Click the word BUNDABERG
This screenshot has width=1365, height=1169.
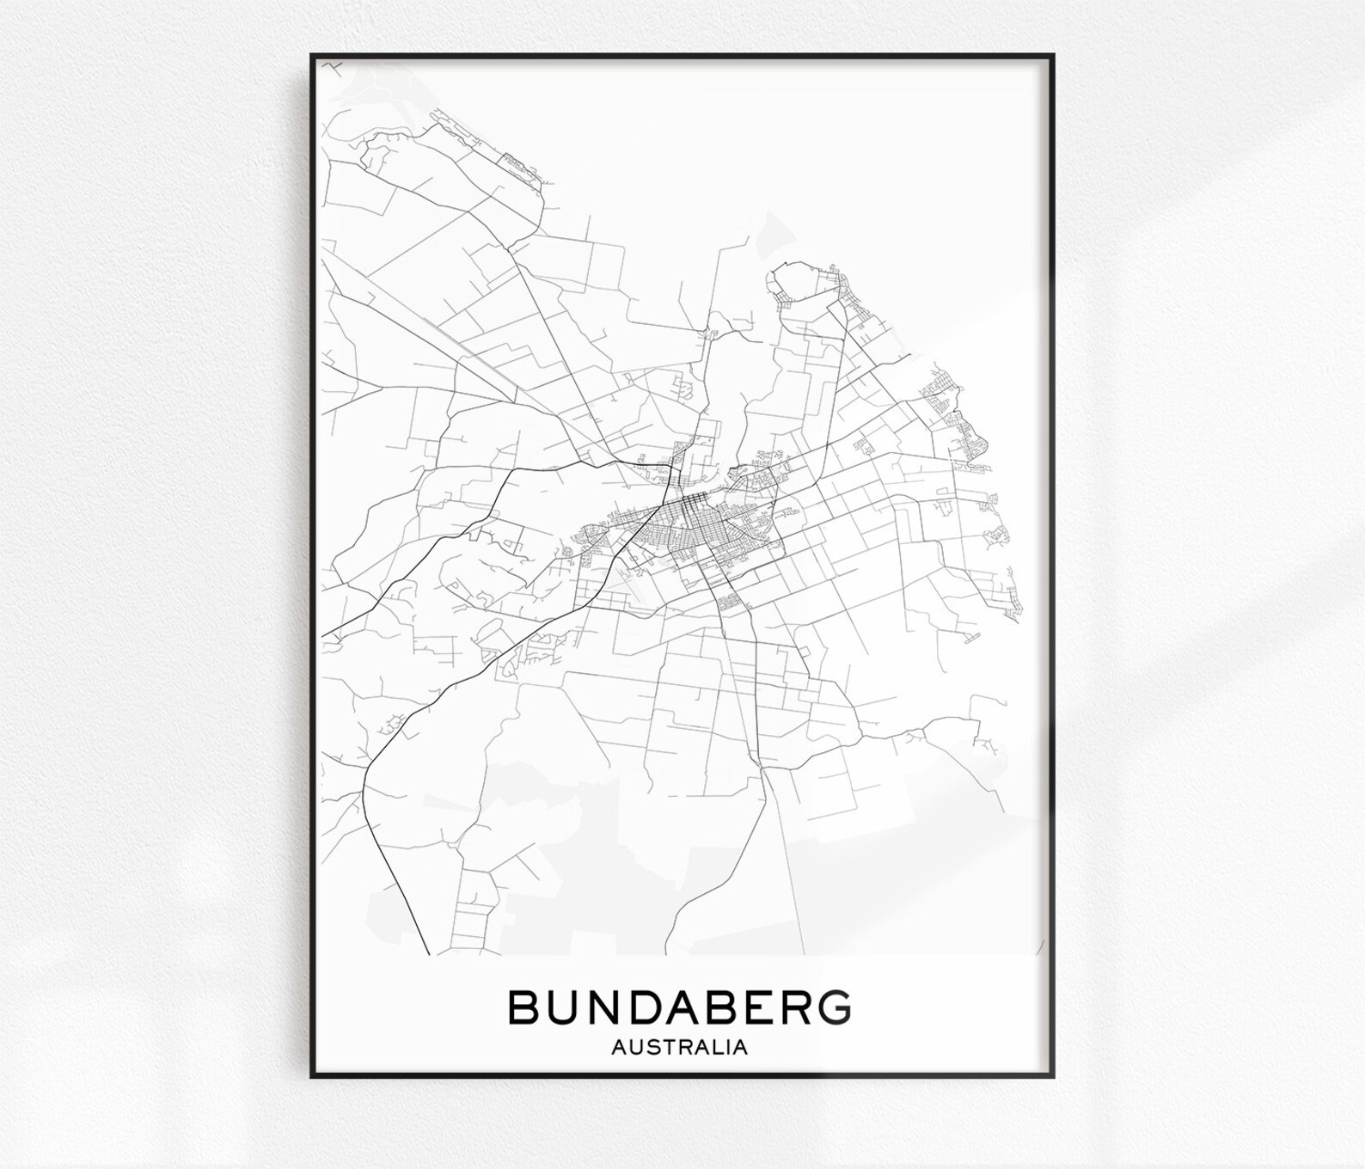[680, 1007]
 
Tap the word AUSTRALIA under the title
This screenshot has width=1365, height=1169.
[679, 1048]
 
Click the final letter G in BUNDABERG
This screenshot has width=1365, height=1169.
[830, 1007]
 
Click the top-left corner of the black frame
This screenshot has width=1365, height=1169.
[312, 56]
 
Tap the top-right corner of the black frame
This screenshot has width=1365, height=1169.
[1053, 56]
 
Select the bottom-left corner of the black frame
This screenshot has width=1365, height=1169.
[312, 1077]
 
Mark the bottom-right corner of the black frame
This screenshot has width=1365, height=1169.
[1053, 1077]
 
